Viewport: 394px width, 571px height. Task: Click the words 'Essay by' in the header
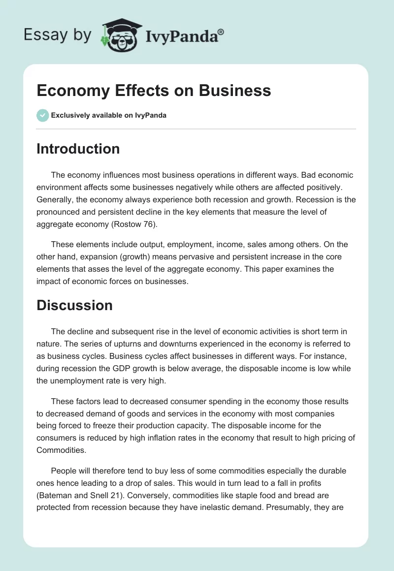(58, 35)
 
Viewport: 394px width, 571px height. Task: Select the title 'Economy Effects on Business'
(154, 91)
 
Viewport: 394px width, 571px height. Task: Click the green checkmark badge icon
(42, 115)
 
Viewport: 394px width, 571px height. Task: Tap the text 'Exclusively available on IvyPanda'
(109, 116)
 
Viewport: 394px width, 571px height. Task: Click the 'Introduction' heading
(78, 149)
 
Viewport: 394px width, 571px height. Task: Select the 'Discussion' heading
(74, 305)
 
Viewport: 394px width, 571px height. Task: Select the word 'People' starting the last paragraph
(62, 471)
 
